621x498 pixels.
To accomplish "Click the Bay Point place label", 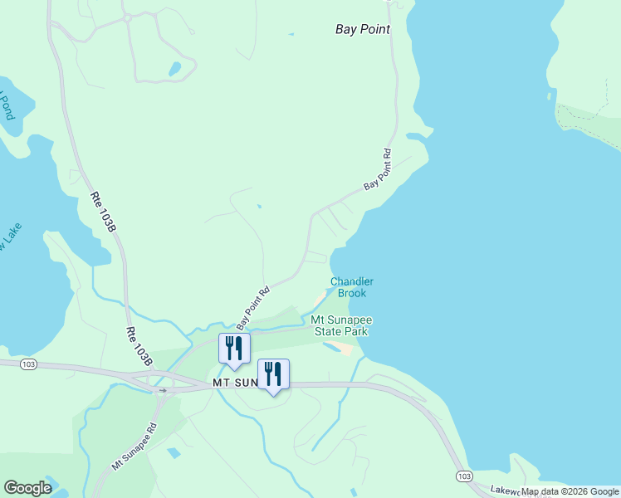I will [363, 29].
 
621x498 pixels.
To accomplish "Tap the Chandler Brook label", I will [352, 287].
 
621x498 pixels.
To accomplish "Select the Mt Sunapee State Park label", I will [340, 325].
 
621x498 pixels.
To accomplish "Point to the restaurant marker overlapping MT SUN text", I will [273, 375].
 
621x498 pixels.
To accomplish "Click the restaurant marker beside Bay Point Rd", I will [234, 349].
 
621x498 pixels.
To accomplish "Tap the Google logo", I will [27, 488].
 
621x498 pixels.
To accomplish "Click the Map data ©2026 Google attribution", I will [570, 491].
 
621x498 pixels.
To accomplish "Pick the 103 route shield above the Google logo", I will [28, 364].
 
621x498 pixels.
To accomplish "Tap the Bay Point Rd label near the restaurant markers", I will [254, 306].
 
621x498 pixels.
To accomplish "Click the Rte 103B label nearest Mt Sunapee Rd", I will [140, 346].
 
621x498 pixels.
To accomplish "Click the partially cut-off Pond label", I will [7, 106].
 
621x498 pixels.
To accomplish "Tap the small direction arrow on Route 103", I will [164, 388].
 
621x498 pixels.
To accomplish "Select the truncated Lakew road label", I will [503, 491].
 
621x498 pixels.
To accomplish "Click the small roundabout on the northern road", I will [127, 17].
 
